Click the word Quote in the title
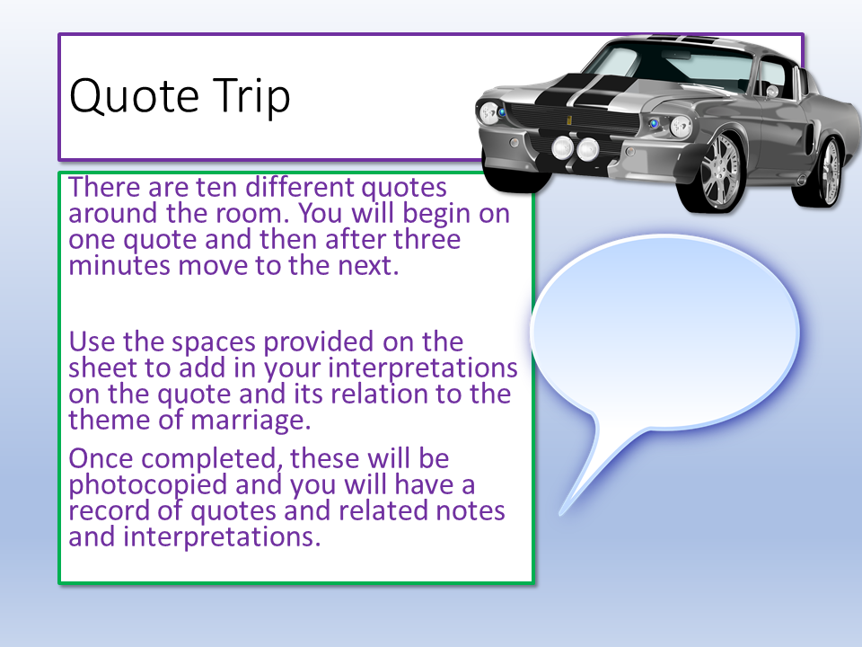point(134,97)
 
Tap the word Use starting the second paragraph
point(92,341)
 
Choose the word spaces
point(214,343)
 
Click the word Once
point(101,459)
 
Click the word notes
point(470,511)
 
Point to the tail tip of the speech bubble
point(560,514)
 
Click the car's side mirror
point(771,91)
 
